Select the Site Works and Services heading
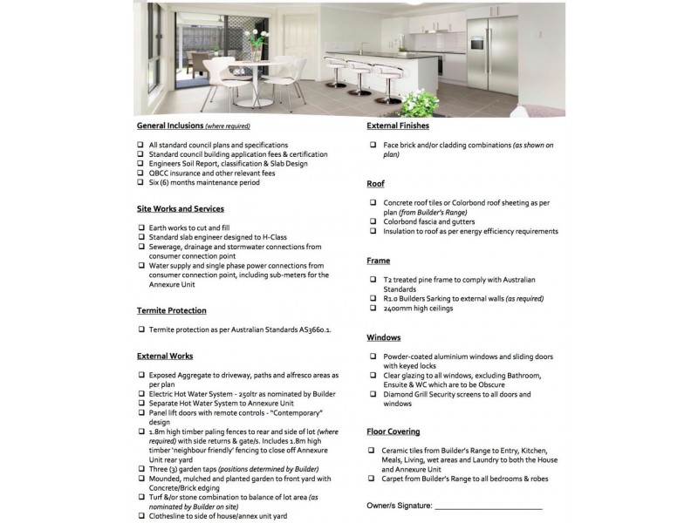(181, 209)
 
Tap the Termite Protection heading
(172, 310)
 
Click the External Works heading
(165, 357)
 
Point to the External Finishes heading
(398, 126)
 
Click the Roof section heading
(376, 185)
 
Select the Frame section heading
(379, 261)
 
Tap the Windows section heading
(384, 337)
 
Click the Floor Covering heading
(393, 431)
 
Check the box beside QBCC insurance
(141, 173)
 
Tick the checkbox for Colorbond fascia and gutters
(373, 222)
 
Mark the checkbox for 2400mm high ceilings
(373, 308)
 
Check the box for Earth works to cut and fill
(141, 228)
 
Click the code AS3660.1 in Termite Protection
(315, 330)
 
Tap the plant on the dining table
(257, 39)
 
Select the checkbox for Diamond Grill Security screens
(373, 395)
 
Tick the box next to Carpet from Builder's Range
(373, 479)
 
